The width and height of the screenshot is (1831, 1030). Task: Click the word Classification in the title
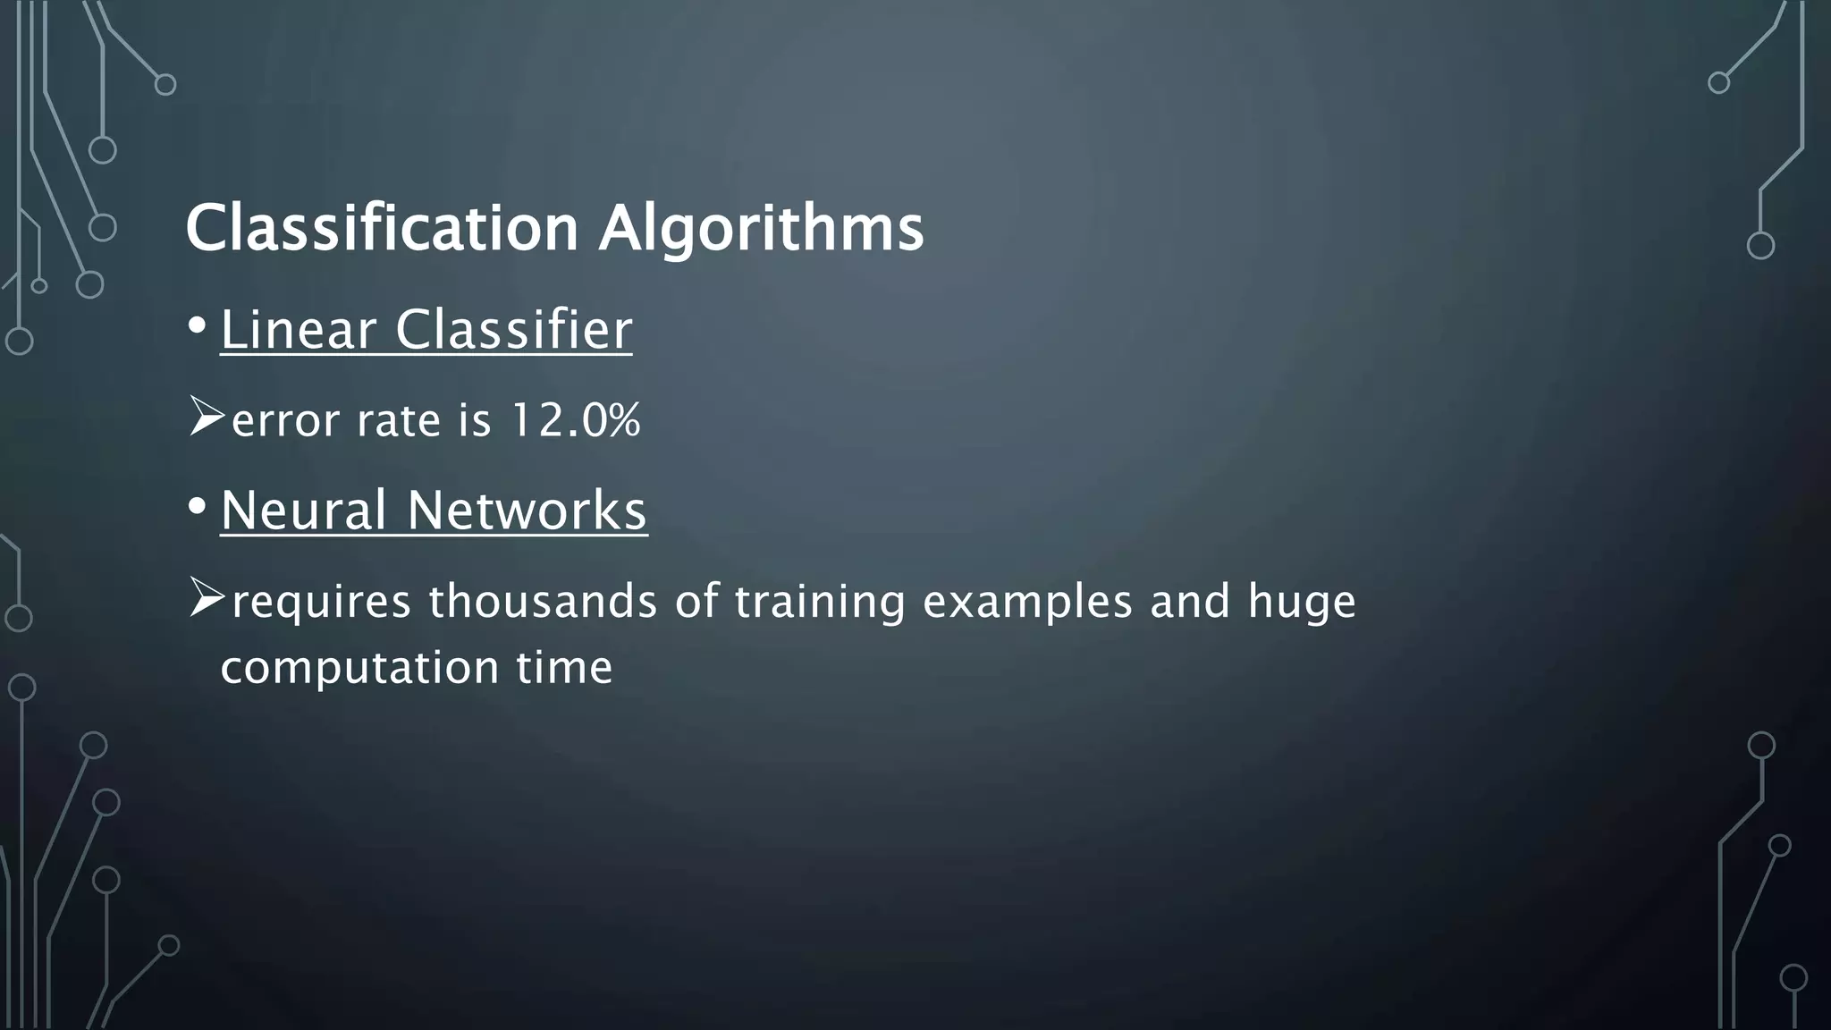(382, 228)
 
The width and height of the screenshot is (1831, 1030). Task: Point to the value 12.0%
(575, 420)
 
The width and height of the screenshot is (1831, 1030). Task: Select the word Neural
(303, 511)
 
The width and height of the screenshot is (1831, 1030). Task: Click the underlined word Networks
(527, 511)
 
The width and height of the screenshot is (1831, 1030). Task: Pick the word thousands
(543, 601)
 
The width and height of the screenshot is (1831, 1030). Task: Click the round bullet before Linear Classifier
(198, 328)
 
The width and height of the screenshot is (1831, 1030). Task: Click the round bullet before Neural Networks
(198, 508)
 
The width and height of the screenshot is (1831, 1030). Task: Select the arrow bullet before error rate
(207, 418)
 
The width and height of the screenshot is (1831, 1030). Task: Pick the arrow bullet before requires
(207, 598)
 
